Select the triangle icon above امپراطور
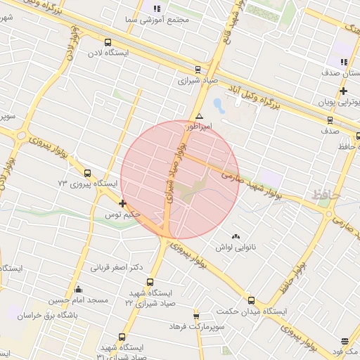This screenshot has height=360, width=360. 200,116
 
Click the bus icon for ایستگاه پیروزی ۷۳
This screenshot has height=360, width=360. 88,172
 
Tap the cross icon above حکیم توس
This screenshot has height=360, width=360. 123,203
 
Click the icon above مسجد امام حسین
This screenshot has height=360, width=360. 78,289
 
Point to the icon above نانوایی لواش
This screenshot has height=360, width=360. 235,236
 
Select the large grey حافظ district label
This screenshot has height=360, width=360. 326,193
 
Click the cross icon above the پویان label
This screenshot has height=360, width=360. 342,91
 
